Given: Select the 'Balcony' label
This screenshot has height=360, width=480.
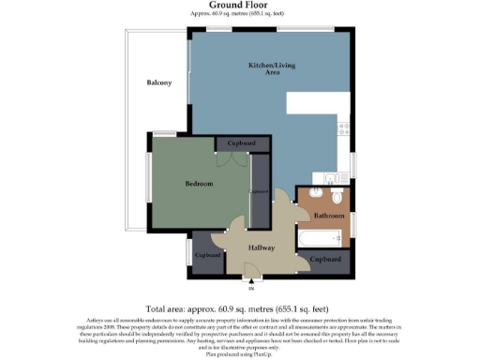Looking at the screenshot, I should [158, 83].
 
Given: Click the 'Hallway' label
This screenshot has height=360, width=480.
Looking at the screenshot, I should [262, 247].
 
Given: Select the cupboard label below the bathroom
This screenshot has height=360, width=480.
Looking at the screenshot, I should [324, 259].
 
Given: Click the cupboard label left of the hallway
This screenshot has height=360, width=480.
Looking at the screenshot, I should [207, 255].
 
